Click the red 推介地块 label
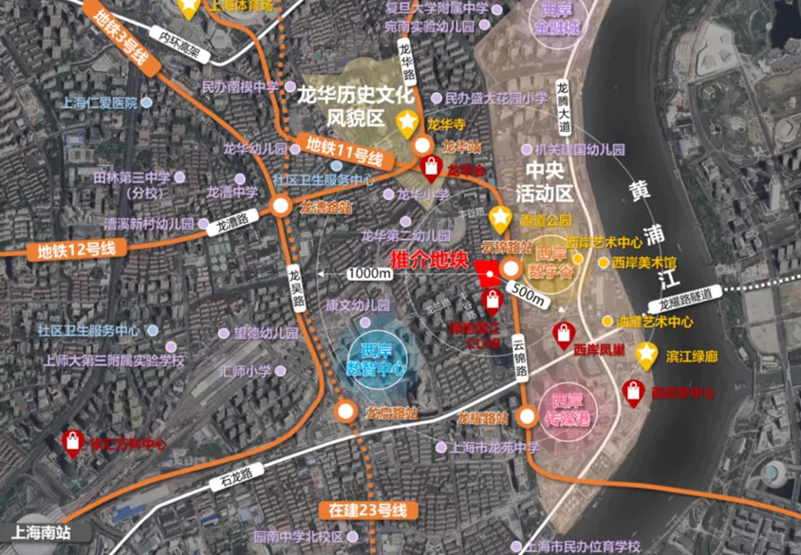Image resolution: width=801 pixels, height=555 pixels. (430, 257)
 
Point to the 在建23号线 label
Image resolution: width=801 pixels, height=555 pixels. (368, 510)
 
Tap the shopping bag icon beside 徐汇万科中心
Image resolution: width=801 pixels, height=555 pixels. (72, 441)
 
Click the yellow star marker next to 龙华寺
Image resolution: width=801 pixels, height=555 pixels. (407, 121)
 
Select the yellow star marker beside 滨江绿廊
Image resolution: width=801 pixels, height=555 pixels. (647, 356)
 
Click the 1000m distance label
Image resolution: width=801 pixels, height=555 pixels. (369, 273)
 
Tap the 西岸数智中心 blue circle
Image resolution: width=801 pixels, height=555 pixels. (377, 357)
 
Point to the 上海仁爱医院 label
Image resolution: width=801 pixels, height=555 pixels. (99, 102)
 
